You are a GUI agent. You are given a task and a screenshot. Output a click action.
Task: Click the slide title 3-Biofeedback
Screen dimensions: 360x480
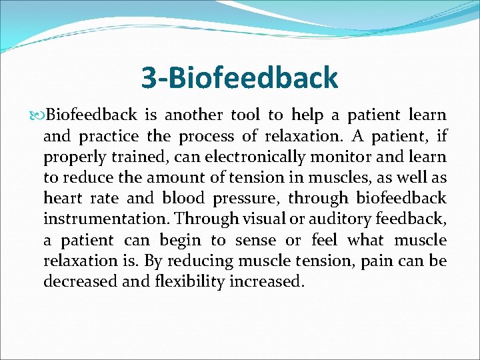click(x=239, y=78)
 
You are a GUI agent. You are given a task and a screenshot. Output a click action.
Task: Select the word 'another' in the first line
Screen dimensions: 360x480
click(x=195, y=115)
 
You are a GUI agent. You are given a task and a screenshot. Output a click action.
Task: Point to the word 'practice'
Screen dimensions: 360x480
click(x=109, y=136)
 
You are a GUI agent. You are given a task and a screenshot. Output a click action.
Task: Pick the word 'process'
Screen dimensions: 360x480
click(x=202, y=136)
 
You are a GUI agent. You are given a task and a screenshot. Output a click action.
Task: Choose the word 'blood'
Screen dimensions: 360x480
click(x=185, y=198)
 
